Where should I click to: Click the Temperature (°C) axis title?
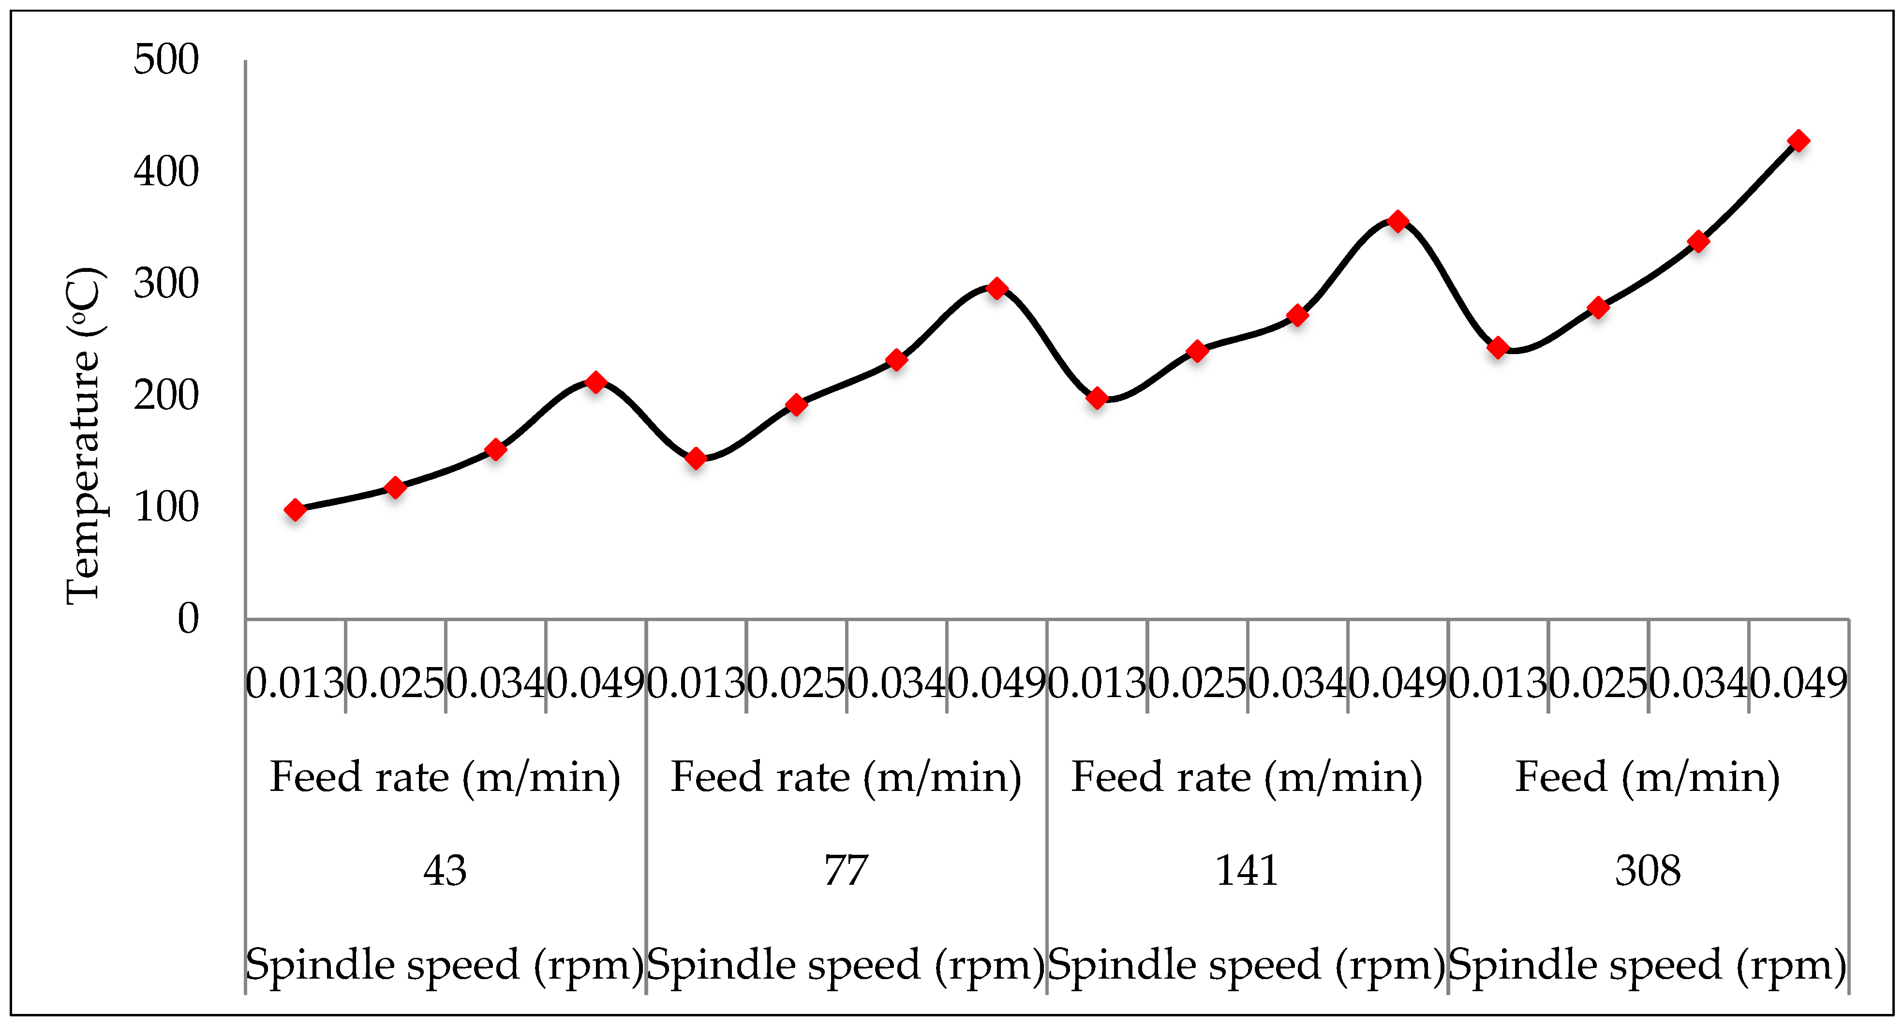(x=83, y=436)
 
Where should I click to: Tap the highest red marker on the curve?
(x=1798, y=140)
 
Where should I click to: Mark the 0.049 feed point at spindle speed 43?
(x=596, y=382)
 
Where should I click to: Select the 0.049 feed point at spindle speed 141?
(x=1398, y=221)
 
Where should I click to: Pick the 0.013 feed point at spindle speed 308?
(x=1498, y=347)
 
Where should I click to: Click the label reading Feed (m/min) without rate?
(x=1648, y=777)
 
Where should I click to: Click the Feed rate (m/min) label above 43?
(x=445, y=777)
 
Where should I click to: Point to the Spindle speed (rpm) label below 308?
(x=1648, y=965)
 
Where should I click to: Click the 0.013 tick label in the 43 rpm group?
(x=295, y=684)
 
